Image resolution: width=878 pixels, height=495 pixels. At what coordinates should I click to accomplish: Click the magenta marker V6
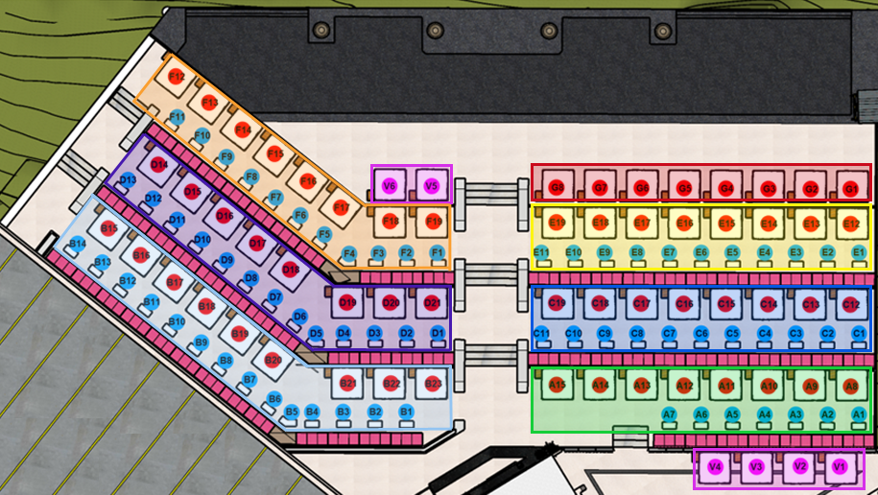pyautogui.click(x=390, y=186)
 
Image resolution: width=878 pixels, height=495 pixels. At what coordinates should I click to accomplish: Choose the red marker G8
pyautogui.click(x=558, y=188)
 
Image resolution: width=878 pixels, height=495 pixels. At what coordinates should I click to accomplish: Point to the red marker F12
pyautogui.click(x=177, y=77)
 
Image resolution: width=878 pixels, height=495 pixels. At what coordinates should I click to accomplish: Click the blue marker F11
pyautogui.click(x=177, y=117)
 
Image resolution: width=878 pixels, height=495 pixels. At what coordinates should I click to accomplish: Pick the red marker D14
pyautogui.click(x=159, y=165)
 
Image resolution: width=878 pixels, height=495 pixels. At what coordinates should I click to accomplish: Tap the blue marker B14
pyautogui.click(x=78, y=245)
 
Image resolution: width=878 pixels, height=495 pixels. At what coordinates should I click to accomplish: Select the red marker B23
pyautogui.click(x=434, y=384)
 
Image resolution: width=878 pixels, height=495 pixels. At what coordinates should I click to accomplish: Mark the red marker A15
pyautogui.click(x=558, y=386)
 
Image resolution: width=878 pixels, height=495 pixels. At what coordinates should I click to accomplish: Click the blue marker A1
pyautogui.click(x=859, y=413)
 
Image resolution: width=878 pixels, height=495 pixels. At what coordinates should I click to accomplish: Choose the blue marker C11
pyautogui.click(x=541, y=333)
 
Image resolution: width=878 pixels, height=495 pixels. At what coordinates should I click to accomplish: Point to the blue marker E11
pyautogui.click(x=541, y=252)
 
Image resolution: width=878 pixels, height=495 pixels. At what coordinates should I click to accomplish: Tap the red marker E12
pyautogui.click(x=850, y=224)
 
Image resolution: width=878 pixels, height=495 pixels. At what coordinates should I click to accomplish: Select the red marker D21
pyautogui.click(x=433, y=303)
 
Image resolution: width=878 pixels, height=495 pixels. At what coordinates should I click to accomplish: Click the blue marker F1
pyautogui.click(x=438, y=252)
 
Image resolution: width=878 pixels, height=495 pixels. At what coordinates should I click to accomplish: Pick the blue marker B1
pyautogui.click(x=406, y=412)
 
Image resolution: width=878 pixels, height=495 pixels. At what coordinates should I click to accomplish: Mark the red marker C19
pyautogui.click(x=558, y=304)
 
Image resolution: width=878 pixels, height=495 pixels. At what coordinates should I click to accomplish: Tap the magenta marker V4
pyautogui.click(x=715, y=467)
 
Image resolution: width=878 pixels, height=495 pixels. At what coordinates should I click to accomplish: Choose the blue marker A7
pyautogui.click(x=670, y=413)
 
